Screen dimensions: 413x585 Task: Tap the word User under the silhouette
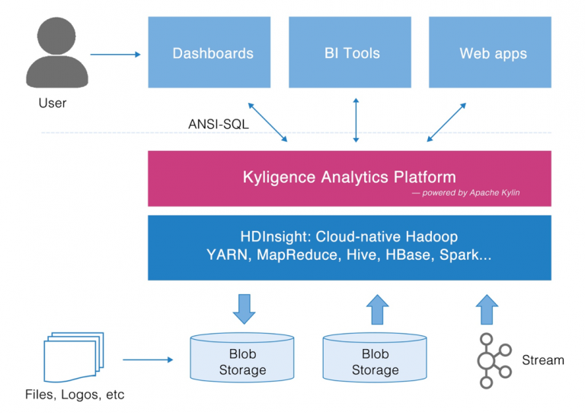pyautogui.click(x=52, y=103)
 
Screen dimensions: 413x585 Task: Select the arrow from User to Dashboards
pyautogui.click(x=116, y=54)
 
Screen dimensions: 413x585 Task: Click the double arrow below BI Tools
pyautogui.click(x=355, y=120)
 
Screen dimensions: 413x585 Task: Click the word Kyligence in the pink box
pyautogui.click(x=277, y=177)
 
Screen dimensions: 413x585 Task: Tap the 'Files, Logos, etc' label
pyautogui.click(x=75, y=395)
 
